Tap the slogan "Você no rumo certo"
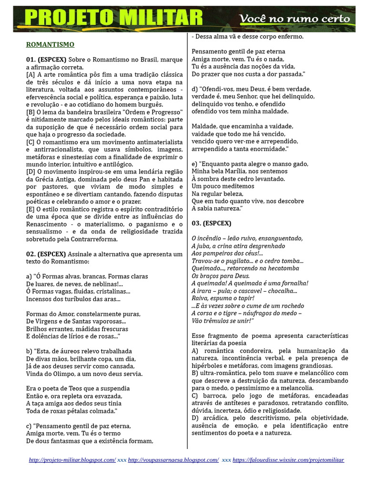click(x=294, y=19)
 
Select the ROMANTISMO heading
click(x=50, y=45)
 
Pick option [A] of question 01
click(x=30, y=75)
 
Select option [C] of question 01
click(x=30, y=142)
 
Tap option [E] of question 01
click(x=30, y=209)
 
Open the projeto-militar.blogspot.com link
click(x=72, y=460)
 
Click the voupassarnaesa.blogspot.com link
click(x=173, y=460)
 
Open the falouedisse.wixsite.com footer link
click(x=288, y=460)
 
